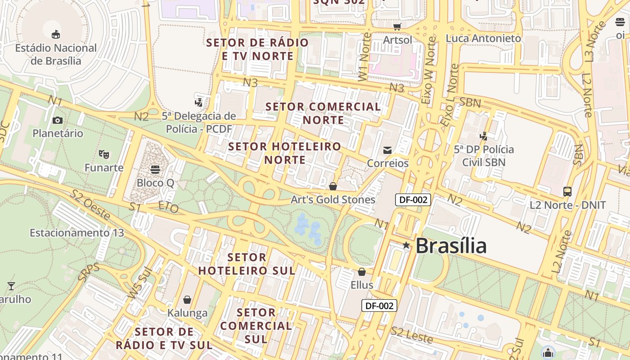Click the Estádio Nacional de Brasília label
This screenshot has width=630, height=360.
[56, 54]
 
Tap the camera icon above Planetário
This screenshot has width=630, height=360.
[58, 120]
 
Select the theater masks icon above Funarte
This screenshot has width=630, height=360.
[104, 154]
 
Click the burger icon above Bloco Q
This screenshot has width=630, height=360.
[155, 170]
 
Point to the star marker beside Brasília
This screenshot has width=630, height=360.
[406, 245]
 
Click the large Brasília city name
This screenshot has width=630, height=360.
[451, 246]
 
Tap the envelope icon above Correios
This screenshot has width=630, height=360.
[387, 150]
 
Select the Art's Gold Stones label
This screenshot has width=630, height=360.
[333, 199]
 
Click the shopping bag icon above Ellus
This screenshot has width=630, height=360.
[362, 272]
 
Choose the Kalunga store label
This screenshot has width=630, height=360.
[188, 313]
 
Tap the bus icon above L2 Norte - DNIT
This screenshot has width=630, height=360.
[567, 192]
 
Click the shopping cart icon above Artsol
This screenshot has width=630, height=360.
[397, 27]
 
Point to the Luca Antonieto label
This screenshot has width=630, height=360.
[483, 38]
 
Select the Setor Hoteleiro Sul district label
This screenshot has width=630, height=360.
[247, 264]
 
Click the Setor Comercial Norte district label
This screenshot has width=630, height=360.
[323, 113]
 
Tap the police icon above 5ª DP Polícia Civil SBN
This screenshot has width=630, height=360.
[484, 135]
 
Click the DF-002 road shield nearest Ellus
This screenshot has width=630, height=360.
[379, 306]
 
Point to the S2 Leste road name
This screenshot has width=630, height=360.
[412, 335]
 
